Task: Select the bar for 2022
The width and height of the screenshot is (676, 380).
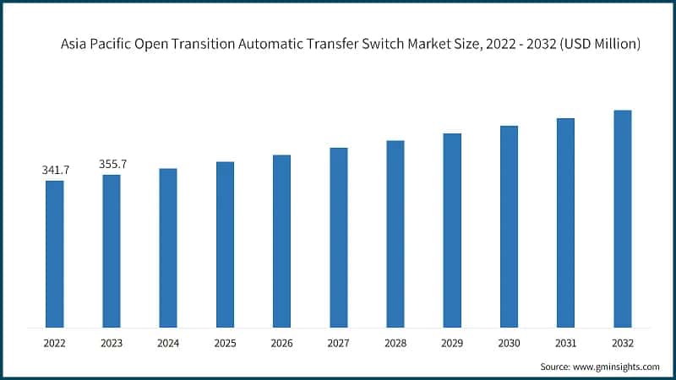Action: (x=54, y=253)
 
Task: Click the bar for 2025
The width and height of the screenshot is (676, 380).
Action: (x=225, y=244)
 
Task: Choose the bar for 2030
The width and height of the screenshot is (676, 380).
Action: (x=509, y=226)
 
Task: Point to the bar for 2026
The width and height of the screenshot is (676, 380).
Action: (x=281, y=241)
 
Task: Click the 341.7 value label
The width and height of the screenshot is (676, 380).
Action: (x=55, y=171)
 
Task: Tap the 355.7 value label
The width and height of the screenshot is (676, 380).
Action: (x=112, y=165)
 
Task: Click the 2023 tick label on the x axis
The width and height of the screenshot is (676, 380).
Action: (x=112, y=344)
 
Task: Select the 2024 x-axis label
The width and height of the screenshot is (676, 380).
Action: (x=168, y=344)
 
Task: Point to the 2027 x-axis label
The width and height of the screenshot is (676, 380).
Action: (x=338, y=344)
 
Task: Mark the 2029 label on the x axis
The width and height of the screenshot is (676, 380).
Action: (x=452, y=344)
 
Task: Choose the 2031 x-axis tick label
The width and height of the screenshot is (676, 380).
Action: (x=565, y=344)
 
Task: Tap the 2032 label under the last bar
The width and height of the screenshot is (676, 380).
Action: (x=623, y=344)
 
